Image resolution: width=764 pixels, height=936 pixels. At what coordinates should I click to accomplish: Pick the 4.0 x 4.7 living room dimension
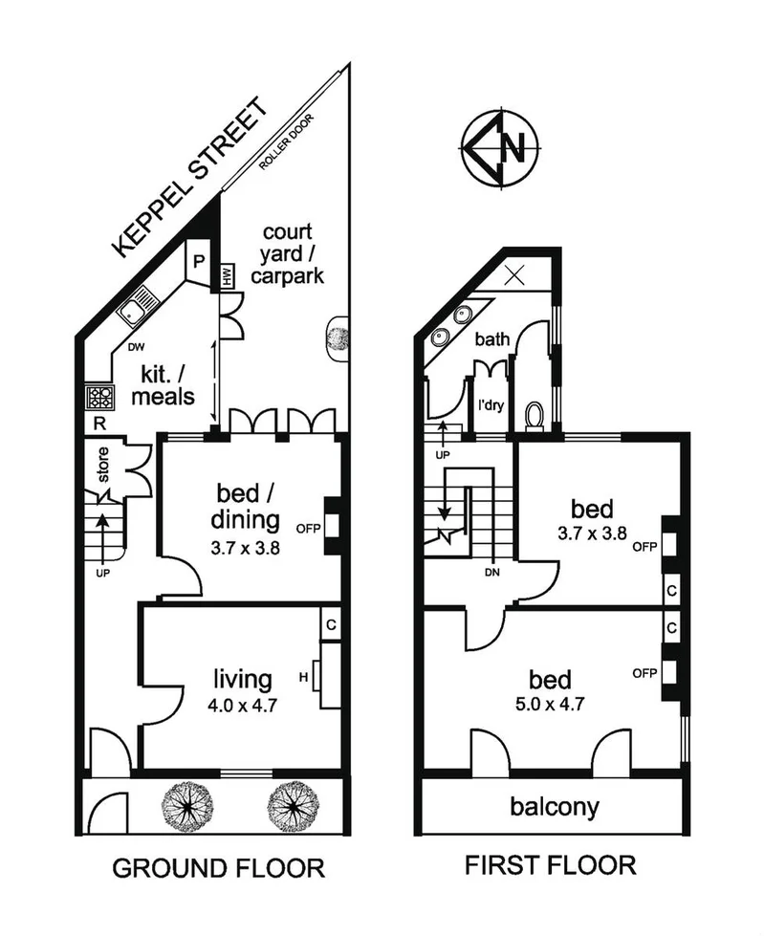242,708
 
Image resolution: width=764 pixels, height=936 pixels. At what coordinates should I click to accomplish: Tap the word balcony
555,807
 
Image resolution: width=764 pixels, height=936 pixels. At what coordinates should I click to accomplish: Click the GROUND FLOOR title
218,868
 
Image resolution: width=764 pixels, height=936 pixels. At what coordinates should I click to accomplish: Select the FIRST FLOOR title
550,866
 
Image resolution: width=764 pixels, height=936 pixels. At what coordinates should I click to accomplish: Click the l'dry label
491,404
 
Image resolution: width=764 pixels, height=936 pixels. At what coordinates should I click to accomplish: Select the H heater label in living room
303,678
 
